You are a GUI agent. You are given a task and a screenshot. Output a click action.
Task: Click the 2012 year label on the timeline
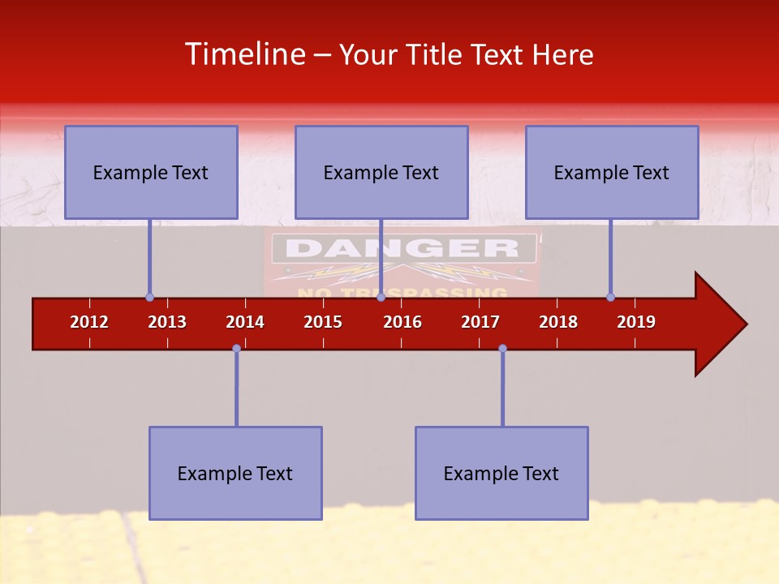click(89, 322)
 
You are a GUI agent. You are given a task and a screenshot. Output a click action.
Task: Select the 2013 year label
click(167, 322)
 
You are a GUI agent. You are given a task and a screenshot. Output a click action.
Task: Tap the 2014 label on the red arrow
click(245, 322)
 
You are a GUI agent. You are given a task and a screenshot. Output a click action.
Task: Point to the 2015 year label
click(323, 322)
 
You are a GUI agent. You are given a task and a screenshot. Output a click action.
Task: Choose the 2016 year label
click(402, 322)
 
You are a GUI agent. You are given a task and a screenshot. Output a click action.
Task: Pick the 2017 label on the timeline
click(480, 322)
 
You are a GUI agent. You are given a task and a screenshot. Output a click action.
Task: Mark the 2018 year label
click(558, 322)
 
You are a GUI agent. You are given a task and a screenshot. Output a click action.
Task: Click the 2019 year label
click(636, 322)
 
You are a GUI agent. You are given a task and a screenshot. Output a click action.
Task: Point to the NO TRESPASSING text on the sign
click(402, 293)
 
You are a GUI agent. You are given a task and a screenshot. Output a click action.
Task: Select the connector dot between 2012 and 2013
click(149, 297)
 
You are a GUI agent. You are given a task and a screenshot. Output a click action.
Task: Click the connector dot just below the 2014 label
click(236, 348)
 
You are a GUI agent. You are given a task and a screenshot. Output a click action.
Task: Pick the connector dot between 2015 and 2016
click(381, 297)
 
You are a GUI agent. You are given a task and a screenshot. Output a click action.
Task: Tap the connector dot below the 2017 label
click(502, 348)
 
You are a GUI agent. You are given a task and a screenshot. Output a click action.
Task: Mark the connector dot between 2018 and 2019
click(610, 297)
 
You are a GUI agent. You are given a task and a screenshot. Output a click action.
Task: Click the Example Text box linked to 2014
click(235, 473)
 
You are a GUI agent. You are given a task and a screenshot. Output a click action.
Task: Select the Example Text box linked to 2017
click(501, 473)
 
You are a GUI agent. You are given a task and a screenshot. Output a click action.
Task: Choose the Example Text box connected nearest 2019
click(612, 172)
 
